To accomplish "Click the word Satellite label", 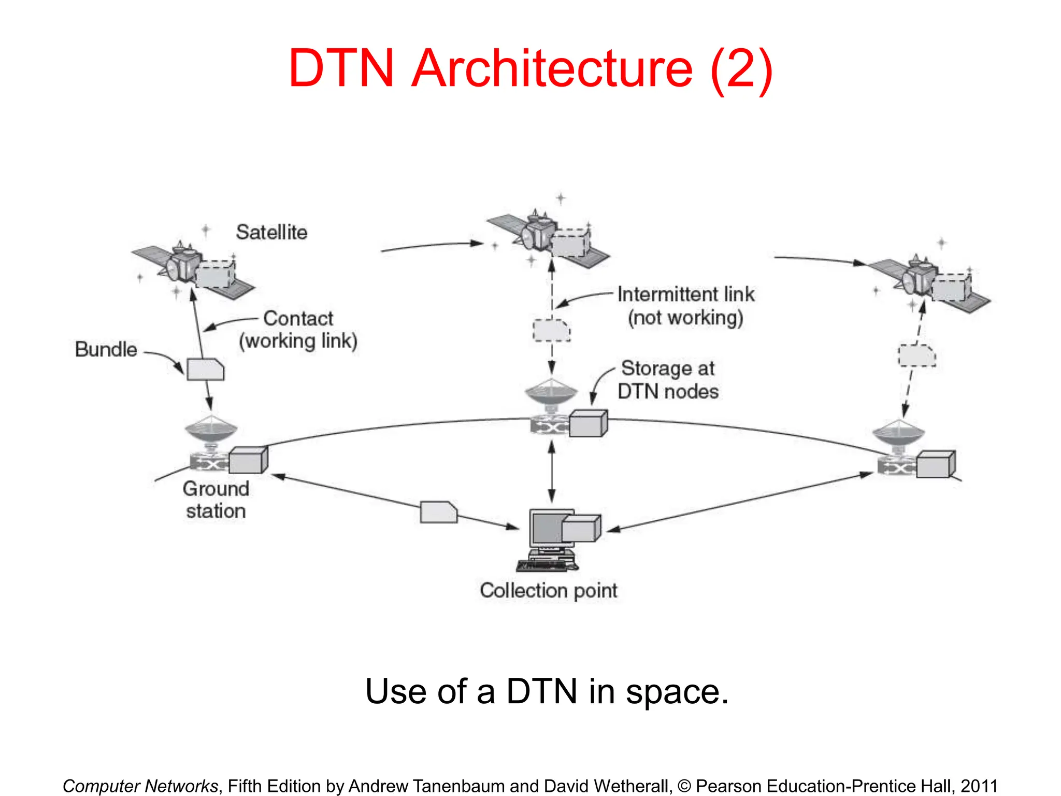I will coord(271,232).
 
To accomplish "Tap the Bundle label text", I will coord(106,349).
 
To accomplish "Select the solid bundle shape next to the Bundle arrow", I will coord(205,369).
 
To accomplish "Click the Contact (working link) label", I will coord(298,330).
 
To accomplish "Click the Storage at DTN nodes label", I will coord(668,380).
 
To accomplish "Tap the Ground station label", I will coord(216,500).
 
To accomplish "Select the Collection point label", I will coord(548,590).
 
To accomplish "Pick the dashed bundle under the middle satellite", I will coord(552,331).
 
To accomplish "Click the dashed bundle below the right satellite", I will coord(916,356).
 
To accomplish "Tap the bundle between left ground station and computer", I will coord(438,512).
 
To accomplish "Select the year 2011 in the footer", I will coord(979,786).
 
